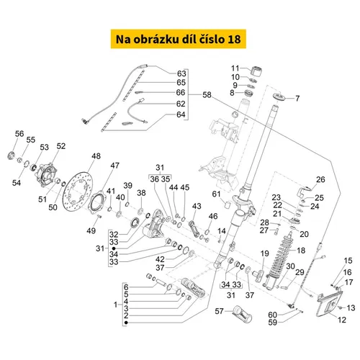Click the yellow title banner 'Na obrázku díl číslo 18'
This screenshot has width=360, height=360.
[179, 39]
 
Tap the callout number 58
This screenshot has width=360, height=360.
[207, 95]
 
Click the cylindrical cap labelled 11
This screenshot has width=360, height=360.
[256, 71]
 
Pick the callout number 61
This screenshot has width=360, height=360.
[216, 194]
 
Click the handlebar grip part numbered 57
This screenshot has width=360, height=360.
[243, 314]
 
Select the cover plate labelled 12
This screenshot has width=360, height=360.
[329, 304]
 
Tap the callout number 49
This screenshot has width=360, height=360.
[91, 231]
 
